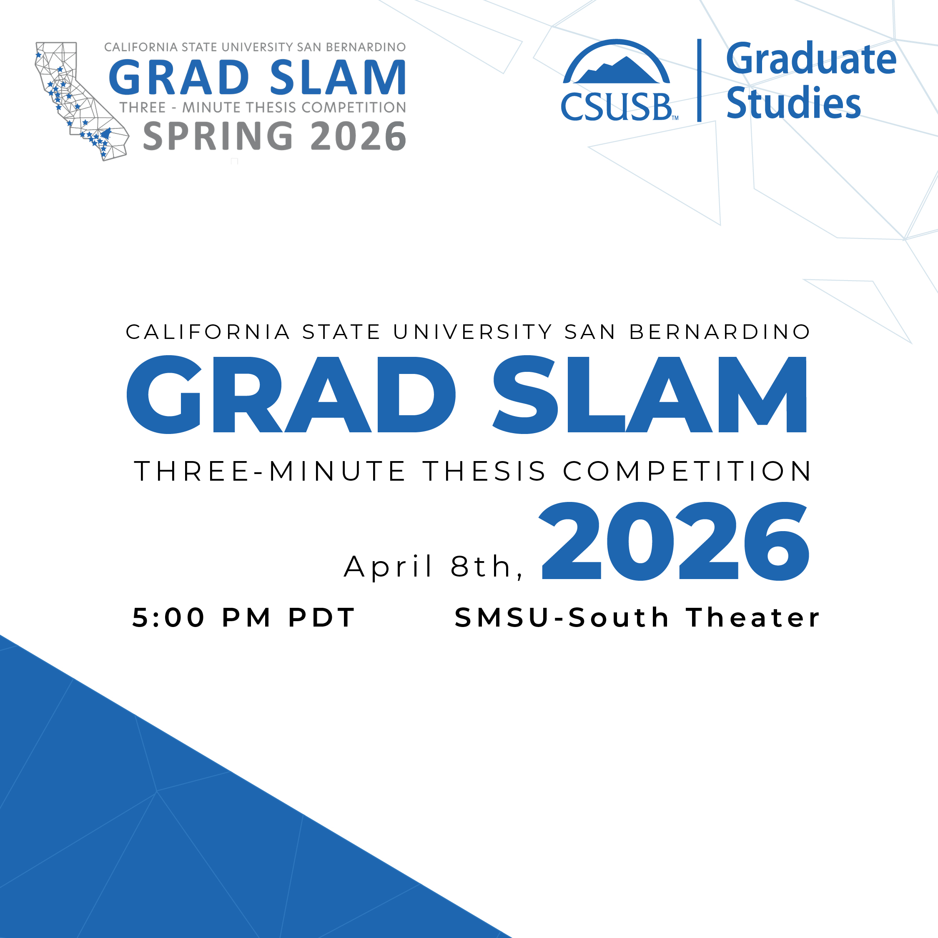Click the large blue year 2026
(675, 541)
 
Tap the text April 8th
(433, 566)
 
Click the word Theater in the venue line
(753, 617)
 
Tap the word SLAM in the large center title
(650, 394)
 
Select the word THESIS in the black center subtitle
(484, 472)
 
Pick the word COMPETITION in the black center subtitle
(687, 472)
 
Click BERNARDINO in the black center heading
(720, 332)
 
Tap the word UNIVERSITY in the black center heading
(473, 332)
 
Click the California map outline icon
(82, 101)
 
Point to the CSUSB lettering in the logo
(617, 106)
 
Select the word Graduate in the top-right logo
(811, 59)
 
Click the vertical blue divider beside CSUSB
(699, 80)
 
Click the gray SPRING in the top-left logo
(218, 136)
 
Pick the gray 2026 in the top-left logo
(358, 136)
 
